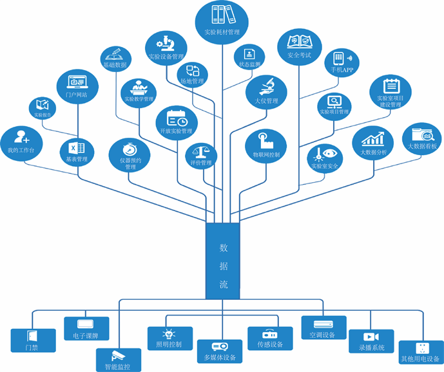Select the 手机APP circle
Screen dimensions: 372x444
[x=342, y=62]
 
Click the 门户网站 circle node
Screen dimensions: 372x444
[x=77, y=86]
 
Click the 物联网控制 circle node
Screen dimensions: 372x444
[x=265, y=145]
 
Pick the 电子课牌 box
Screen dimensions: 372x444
[x=86, y=327]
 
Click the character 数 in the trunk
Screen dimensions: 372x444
[x=223, y=248]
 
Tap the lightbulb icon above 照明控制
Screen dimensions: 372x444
[x=169, y=333]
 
